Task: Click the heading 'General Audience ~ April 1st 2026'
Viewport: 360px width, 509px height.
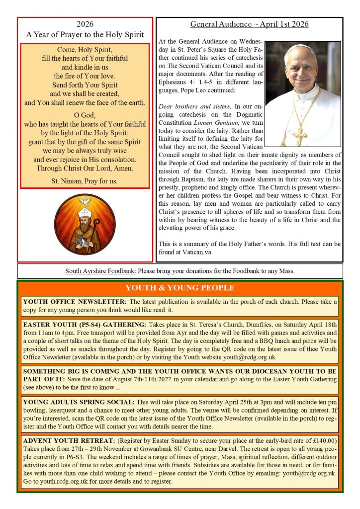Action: [249, 24]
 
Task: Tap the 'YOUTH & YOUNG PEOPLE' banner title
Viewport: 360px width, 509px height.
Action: [180, 288]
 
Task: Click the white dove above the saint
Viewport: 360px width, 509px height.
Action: [85, 202]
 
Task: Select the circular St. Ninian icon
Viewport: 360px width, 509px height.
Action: [85, 225]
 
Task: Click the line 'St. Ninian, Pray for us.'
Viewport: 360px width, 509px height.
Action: [85, 181]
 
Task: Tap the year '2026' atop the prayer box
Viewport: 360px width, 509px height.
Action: [85, 24]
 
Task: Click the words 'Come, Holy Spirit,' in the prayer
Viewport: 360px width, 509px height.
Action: [85, 50]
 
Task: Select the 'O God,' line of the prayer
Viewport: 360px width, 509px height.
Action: [85, 115]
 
